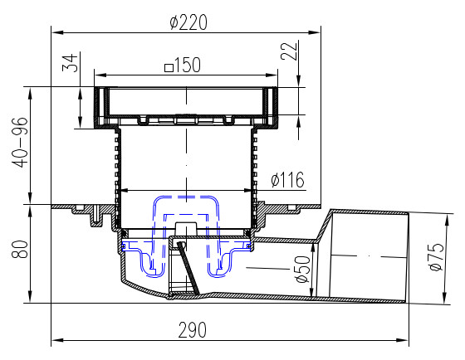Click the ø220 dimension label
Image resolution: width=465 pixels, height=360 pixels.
coord(188,22)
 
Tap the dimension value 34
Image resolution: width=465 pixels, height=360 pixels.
coord(71,63)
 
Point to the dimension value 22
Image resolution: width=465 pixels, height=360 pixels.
coord(289,51)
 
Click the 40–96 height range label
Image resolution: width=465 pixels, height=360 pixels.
coord(20,142)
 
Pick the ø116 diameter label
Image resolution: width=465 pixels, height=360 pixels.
coord(287,179)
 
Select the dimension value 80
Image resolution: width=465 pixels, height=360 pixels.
coord(20,249)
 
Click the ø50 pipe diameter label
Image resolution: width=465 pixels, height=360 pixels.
coord(302,269)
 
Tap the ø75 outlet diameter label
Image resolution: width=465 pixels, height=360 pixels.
coord(437,256)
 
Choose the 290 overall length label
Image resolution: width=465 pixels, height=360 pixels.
coord(192,330)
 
